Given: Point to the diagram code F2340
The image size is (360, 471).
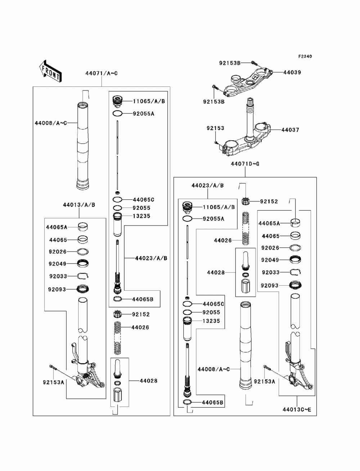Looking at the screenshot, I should [305, 56].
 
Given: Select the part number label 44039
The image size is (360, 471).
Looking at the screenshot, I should [292, 72].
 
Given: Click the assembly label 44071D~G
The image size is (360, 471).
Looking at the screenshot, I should [245, 164].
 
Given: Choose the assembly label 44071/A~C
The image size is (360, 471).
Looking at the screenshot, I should [102, 73].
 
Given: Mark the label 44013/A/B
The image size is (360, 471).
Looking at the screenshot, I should [79, 205].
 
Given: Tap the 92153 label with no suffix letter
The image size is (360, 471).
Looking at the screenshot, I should [215, 128].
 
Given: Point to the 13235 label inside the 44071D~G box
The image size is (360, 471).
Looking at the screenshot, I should [211, 321].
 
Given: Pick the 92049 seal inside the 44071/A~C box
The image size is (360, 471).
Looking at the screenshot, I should [83, 264].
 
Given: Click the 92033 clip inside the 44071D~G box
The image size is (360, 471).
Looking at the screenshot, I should [296, 272].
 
